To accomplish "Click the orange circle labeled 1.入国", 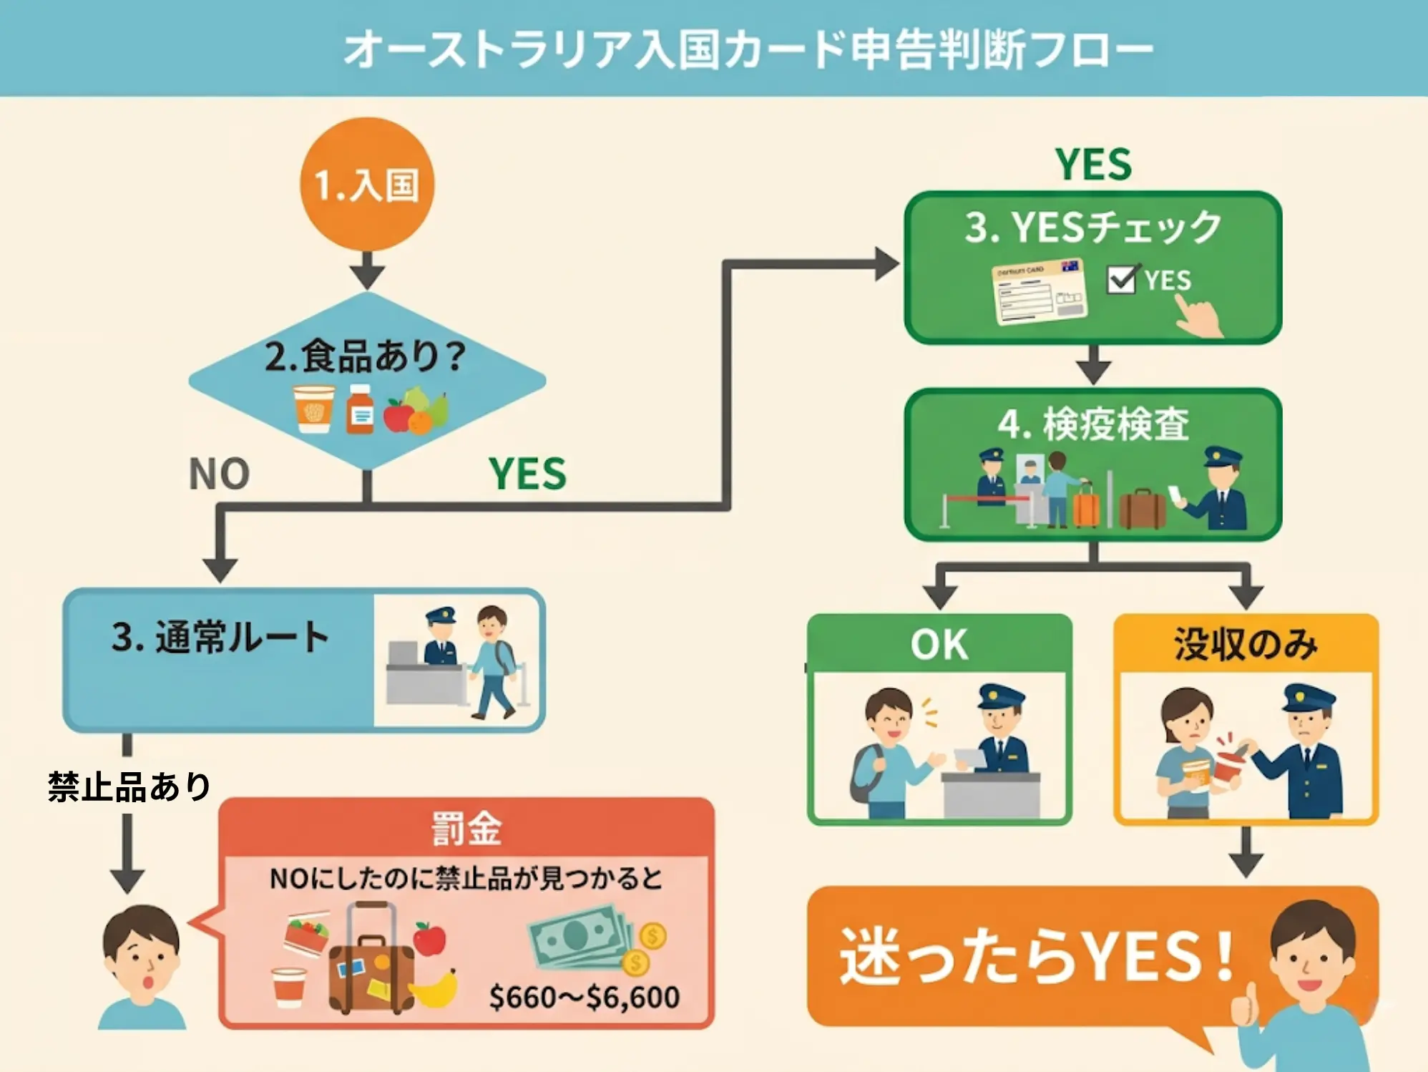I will [x=367, y=185].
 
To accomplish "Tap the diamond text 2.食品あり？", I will [x=365, y=356].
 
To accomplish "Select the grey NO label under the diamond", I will [x=219, y=474].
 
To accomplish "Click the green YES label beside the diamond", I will [x=527, y=474].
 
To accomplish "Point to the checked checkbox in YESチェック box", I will [x=1121, y=280].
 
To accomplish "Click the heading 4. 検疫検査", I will [x=1093, y=424].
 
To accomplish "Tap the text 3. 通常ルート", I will [x=220, y=637].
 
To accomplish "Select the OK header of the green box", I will [x=939, y=644].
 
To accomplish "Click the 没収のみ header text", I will [x=1246, y=644].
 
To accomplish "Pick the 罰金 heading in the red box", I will [x=466, y=829].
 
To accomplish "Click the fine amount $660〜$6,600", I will [x=584, y=997].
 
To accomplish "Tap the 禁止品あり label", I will [x=129, y=786].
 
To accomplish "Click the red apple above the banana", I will [x=429, y=938].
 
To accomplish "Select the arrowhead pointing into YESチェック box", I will [x=886, y=264].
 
